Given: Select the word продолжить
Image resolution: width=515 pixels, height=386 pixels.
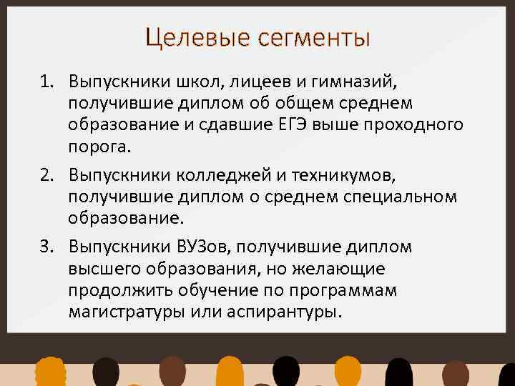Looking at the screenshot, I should click(x=114, y=292).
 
